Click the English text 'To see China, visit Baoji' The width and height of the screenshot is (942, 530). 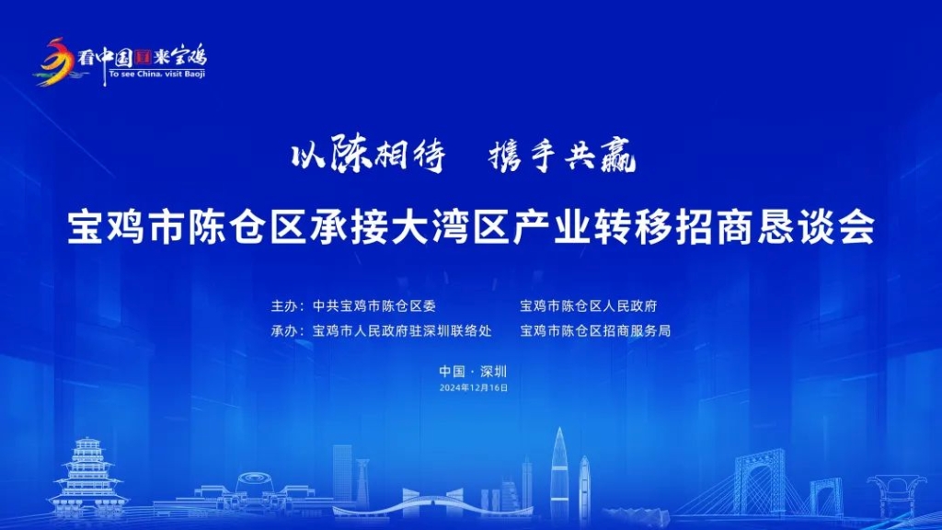[x=157, y=75]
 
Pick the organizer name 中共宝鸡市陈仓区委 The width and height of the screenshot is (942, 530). [x=373, y=305]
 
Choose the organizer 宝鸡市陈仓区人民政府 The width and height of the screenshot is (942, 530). [x=589, y=305]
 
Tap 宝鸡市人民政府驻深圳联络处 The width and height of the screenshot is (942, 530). [x=402, y=330]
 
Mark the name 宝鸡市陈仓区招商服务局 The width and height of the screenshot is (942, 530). [x=595, y=330]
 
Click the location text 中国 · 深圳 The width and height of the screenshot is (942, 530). [x=473, y=372]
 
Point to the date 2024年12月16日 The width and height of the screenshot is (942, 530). [x=474, y=388]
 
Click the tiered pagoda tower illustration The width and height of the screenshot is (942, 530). [x=88, y=478]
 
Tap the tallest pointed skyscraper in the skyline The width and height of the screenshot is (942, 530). [x=559, y=474]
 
